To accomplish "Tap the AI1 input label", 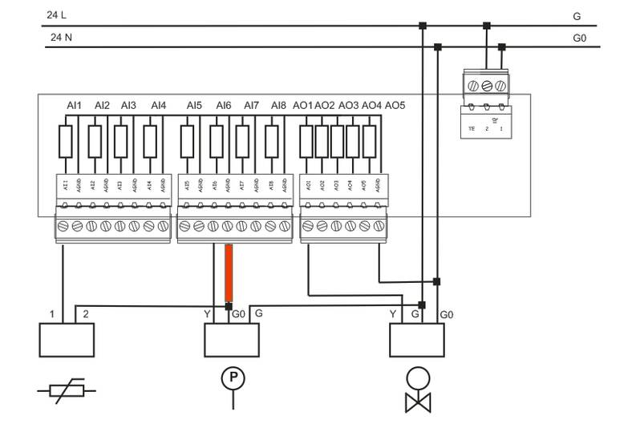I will (x=75, y=105).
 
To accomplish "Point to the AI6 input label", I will (x=223, y=105).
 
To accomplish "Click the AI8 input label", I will (x=278, y=105).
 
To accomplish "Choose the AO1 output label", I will (x=302, y=105).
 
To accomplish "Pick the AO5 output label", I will (x=395, y=105).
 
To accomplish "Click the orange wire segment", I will (x=229, y=273).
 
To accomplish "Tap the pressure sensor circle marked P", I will (x=233, y=377).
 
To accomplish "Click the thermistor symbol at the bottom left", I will (x=67, y=391).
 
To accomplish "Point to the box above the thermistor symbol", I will (x=67, y=340).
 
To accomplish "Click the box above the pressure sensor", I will (x=232, y=340).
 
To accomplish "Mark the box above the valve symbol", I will (x=416, y=340).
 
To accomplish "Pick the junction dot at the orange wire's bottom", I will (x=229, y=305).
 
